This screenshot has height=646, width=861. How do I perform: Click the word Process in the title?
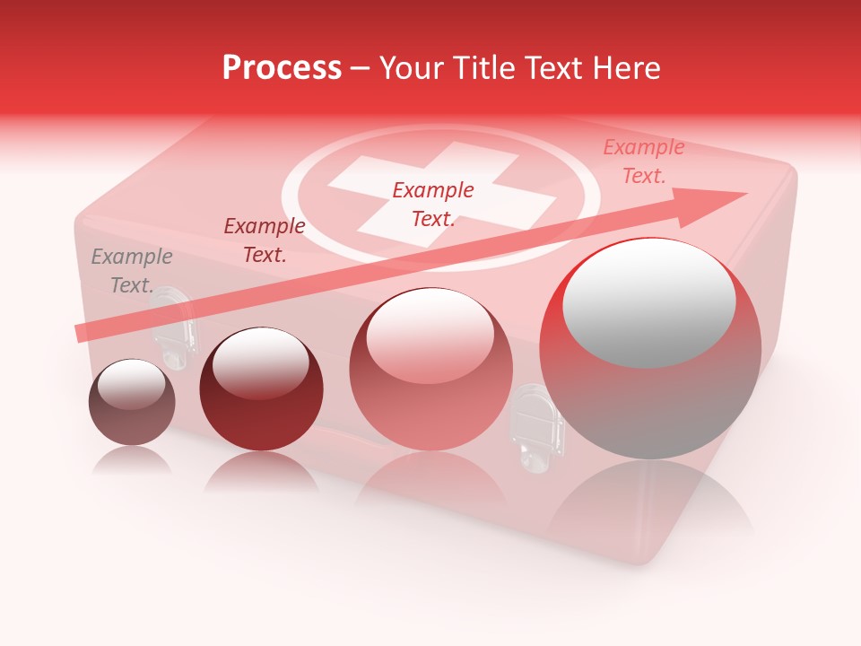point(282,68)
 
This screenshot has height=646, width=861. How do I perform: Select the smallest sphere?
point(132,403)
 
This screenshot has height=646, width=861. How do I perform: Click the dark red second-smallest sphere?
point(261,389)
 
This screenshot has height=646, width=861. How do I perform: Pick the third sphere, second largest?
point(430,369)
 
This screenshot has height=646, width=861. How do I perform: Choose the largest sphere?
point(650,348)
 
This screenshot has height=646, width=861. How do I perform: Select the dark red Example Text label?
point(264,240)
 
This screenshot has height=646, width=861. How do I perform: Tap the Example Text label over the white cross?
point(433,204)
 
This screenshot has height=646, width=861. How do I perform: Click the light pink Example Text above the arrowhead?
point(643,161)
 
